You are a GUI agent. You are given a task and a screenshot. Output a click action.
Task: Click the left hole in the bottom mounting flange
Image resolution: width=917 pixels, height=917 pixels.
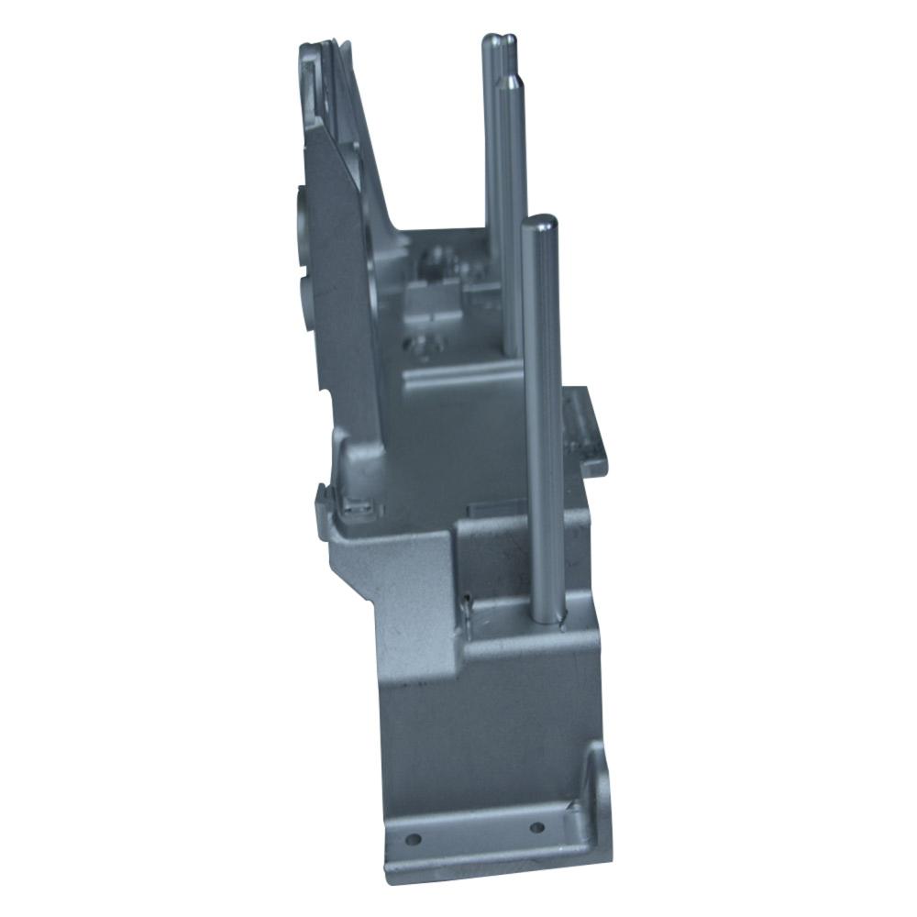pos(414,838)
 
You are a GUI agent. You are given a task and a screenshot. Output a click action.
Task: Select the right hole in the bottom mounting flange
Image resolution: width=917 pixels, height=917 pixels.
pos(536,827)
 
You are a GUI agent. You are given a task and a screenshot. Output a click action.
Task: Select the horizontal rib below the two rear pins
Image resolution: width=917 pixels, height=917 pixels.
pos(458,374)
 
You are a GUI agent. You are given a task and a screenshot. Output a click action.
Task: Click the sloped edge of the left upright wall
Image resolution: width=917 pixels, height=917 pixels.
pos(367,138)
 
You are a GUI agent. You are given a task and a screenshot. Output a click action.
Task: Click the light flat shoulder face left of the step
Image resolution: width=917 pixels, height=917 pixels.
pos(403,587)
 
